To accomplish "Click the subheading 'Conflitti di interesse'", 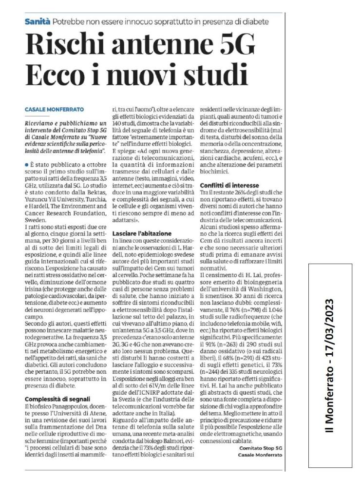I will click(x=228, y=186).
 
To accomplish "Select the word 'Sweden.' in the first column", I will click(x=35, y=207).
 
